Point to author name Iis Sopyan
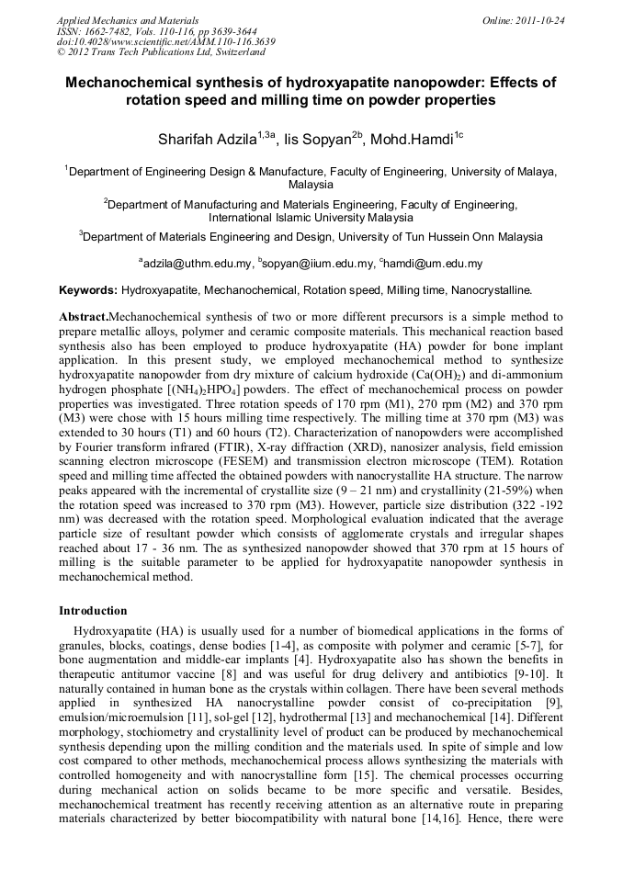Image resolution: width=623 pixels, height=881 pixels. pos(323,140)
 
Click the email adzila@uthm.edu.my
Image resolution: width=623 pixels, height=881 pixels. pos(197,264)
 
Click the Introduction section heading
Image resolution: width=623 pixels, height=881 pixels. pos(93,610)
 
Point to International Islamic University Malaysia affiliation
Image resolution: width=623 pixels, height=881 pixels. pos(311,218)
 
